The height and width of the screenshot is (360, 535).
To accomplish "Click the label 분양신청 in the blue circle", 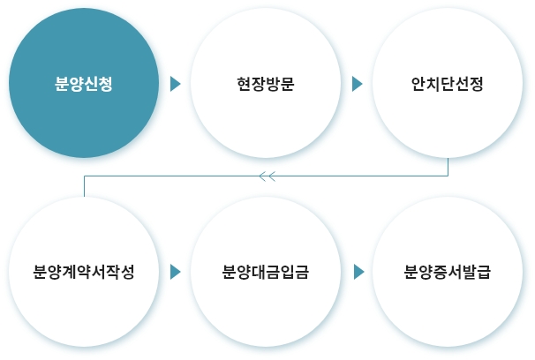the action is tap(84, 84).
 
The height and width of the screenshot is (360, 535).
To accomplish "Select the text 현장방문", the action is tap(266, 84).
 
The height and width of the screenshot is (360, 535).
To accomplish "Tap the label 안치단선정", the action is tap(448, 84).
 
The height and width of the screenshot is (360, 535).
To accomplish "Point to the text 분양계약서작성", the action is tap(84, 272).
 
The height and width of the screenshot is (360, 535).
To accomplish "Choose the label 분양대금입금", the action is tap(266, 272).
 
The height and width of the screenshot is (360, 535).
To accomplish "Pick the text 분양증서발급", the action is tap(448, 272).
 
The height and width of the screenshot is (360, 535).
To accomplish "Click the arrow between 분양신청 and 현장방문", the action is tap(175, 84).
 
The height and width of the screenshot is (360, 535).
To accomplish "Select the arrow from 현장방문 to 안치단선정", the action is tap(357, 84).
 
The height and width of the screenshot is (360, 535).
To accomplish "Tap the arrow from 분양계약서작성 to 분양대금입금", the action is tap(175, 272).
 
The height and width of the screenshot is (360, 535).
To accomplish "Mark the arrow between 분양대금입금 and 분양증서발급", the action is tap(359, 272).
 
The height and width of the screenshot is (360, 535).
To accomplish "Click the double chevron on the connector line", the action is tap(267, 176).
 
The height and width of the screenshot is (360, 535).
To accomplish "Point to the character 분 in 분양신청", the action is tap(62, 84).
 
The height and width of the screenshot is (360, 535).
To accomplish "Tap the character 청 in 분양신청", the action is tap(105, 84).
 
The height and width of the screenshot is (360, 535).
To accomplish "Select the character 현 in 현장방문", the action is tap(244, 84).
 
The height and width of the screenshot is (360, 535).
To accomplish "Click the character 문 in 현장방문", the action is tap(287, 84).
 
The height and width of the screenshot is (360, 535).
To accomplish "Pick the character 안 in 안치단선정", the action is tap(418, 84).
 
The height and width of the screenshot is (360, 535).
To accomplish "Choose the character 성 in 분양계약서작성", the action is tap(127, 272).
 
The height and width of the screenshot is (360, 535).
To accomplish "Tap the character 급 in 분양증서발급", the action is tap(484, 272).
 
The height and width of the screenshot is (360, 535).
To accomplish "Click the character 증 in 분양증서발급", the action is tap(441, 272).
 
